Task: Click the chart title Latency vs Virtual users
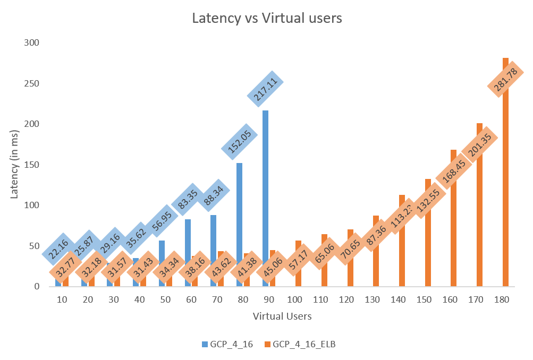point(266,18)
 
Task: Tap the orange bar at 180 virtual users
point(505,212)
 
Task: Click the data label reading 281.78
point(505,80)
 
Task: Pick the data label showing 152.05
point(240,141)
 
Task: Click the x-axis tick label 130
point(373,300)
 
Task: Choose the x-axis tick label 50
point(166,300)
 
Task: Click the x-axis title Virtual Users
point(282,316)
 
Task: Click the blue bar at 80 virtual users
point(239,212)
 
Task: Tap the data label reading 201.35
point(479,144)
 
